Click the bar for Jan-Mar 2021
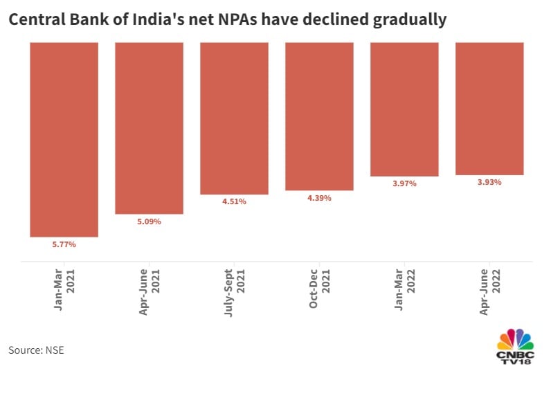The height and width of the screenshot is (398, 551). pos(64,139)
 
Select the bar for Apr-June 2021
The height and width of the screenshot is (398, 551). pos(149,128)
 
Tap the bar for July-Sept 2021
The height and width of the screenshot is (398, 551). pos(234,118)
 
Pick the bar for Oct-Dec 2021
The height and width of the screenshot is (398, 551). pos(319,116)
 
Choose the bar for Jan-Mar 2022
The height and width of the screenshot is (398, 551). pos(404,109)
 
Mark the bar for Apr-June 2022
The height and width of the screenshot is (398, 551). pos(489,109)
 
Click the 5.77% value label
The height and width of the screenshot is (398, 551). pos(64,244)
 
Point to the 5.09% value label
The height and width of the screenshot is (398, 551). pos(149,221)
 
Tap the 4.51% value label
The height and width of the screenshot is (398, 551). pos(234,202)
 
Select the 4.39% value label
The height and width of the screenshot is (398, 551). pos(319,198)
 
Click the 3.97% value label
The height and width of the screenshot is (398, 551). pos(404,183)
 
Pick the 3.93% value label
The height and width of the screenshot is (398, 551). pos(489,182)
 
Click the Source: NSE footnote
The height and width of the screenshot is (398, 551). pos(36,350)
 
